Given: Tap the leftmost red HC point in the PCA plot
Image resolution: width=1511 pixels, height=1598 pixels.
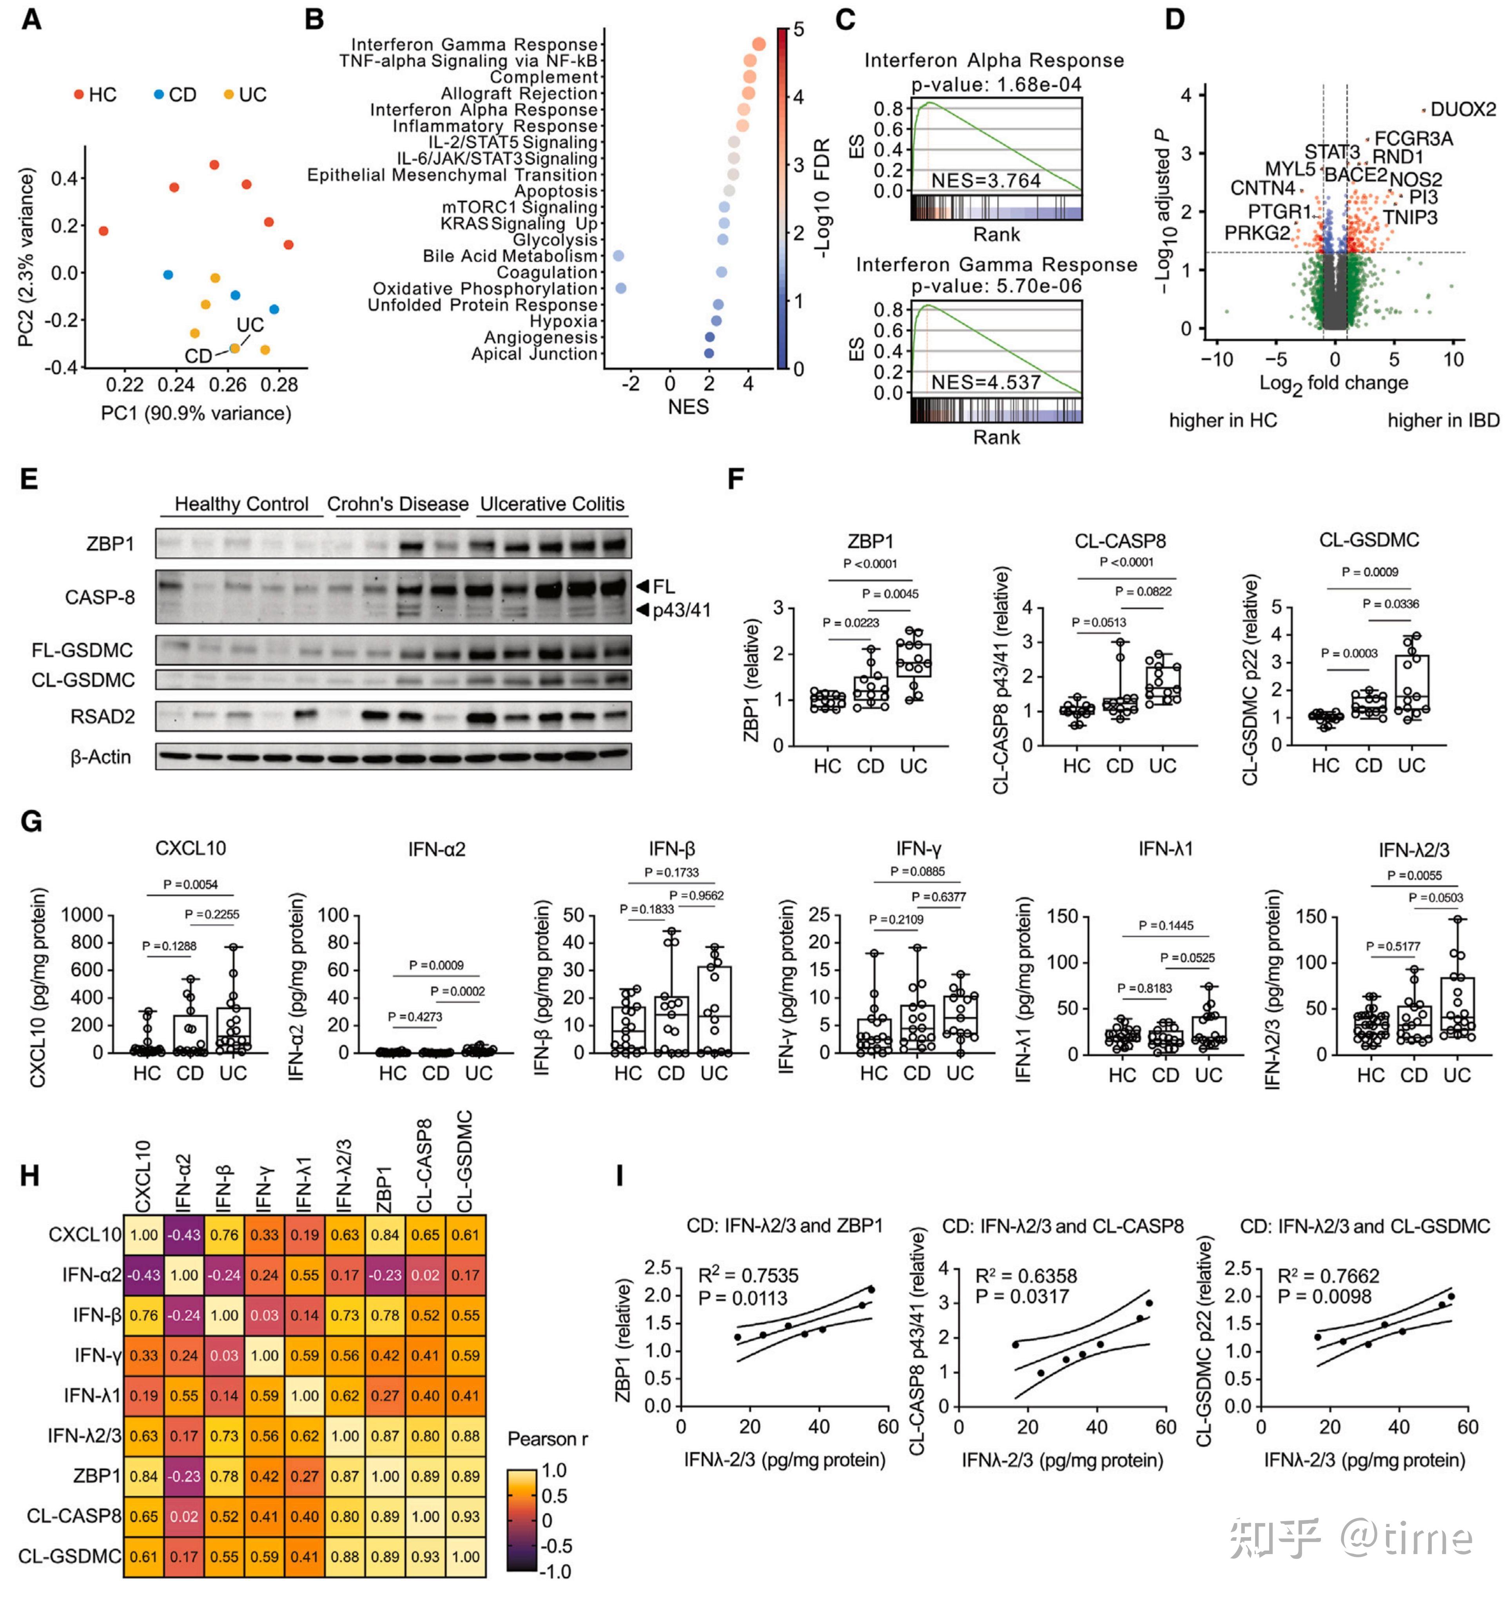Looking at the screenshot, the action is (x=103, y=231).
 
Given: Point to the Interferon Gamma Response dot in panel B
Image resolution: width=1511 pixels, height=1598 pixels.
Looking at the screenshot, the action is (x=759, y=44).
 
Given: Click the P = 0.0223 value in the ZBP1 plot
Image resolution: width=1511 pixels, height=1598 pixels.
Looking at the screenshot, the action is (x=851, y=623).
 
